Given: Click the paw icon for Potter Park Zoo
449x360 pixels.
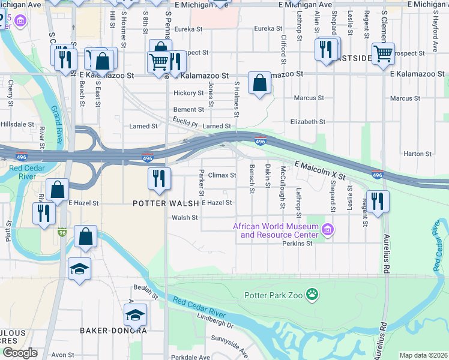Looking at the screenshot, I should (x=312, y=294).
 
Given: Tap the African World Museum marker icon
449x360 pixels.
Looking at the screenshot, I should (x=328, y=229).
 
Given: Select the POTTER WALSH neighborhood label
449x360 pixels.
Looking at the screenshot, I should (x=166, y=203).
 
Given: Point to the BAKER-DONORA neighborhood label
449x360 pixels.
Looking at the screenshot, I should (x=113, y=331).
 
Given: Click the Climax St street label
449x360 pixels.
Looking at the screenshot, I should (x=222, y=175).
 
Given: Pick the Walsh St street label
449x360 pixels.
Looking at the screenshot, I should (x=185, y=218).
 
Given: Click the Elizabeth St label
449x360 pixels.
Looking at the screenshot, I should (x=307, y=121).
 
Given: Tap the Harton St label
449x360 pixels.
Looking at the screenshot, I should (x=414, y=154).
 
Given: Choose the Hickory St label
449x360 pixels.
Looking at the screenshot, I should (x=188, y=93).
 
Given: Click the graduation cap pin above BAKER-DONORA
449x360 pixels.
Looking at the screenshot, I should (x=135, y=314).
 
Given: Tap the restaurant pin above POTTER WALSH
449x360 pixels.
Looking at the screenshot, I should (x=159, y=179).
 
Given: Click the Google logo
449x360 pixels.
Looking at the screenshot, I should (x=19, y=353).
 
